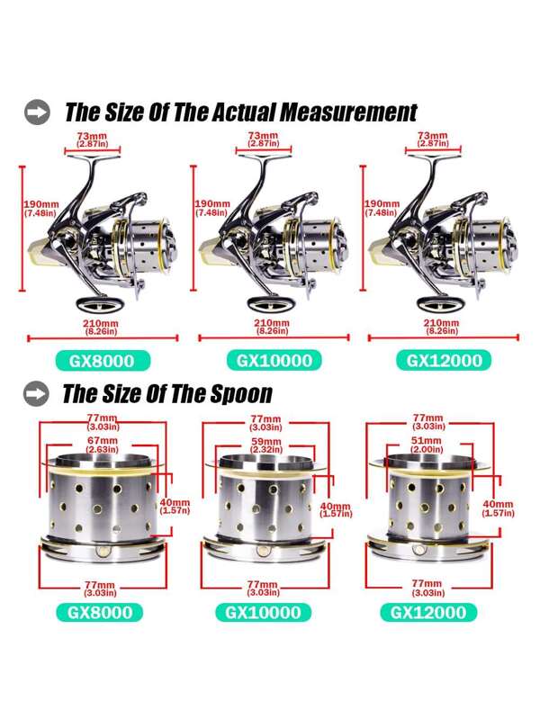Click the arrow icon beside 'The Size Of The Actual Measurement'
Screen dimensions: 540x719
37,112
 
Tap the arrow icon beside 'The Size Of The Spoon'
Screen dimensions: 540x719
36,393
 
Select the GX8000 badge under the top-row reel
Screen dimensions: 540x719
103,361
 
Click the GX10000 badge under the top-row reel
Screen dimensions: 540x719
274,361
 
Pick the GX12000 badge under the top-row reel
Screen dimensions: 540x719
444,361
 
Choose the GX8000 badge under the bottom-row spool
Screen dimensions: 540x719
100,612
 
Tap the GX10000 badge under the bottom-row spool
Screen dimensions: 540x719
263,612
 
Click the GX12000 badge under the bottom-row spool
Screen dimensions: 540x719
428,612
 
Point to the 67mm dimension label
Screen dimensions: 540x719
103,445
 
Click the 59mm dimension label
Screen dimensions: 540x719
266,445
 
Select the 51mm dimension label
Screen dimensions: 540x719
427,445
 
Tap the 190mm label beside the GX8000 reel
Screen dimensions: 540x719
41,208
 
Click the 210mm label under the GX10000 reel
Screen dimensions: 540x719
272,327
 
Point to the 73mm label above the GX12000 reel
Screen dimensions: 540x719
433,139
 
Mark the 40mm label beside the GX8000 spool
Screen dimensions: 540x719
175,507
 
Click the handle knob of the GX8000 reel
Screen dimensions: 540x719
101,303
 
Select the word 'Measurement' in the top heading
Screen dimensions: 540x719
348,112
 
